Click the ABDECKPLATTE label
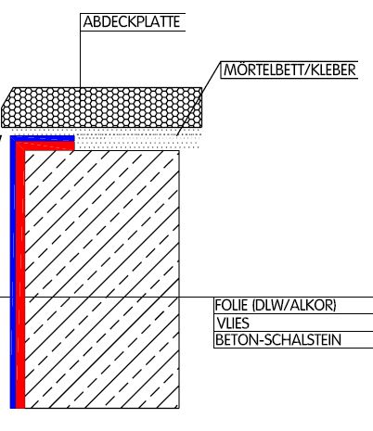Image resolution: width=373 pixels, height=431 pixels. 132,21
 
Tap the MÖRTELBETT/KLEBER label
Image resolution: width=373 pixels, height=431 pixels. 289,70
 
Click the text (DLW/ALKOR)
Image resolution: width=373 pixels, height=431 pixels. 294,305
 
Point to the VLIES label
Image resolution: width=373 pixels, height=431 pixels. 233,323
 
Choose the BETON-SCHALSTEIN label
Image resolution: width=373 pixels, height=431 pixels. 278,340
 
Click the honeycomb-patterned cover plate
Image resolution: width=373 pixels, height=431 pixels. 102,108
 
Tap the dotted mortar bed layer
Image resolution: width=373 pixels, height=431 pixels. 138,142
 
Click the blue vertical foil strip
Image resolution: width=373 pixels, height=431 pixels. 13,272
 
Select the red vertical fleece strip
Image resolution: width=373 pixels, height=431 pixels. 20,278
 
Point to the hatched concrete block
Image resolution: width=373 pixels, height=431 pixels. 102,280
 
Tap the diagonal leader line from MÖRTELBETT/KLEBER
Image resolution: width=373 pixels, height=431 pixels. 199,98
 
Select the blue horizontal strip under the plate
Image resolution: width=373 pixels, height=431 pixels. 43,138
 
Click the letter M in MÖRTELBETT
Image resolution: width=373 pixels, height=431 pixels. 230,70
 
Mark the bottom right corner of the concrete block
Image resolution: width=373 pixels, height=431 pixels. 179,409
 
